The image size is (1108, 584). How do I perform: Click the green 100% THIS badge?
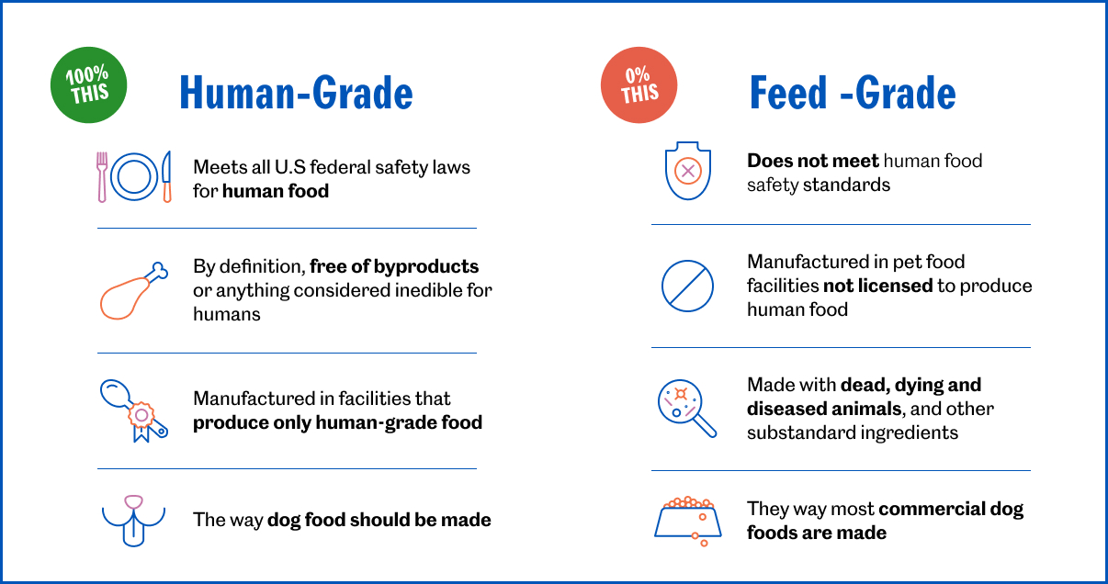88,84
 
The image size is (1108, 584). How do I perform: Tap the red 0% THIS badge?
639,84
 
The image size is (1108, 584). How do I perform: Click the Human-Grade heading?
296,93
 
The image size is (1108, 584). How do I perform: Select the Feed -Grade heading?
852,93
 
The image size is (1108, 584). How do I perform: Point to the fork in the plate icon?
102,176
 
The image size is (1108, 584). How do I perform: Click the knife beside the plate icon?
166,176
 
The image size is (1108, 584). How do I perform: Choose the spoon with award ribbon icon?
133,410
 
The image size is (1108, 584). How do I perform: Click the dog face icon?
135,520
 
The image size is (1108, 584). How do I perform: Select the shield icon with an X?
688,171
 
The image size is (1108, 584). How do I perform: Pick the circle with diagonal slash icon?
687,286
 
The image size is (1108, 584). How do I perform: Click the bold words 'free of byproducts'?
394,266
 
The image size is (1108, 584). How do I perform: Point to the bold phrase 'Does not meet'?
812,161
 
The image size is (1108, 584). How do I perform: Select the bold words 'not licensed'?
877,286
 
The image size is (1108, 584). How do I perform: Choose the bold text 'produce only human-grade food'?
337,422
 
